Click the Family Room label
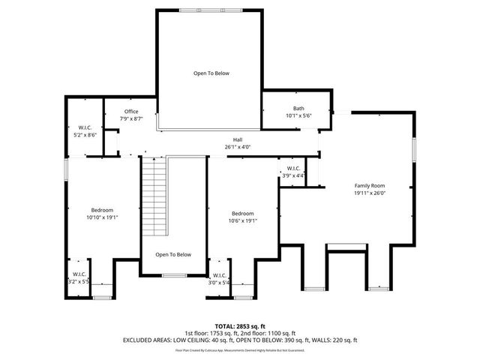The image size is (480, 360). (369, 185)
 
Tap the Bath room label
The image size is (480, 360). (298, 108)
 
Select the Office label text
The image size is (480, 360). (131, 112)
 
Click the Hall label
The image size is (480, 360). (237, 139)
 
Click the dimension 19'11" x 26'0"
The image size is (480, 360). (369, 193)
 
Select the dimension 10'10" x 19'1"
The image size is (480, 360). (102, 217)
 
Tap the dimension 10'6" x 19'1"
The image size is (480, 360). (243, 220)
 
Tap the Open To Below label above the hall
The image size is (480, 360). (211, 73)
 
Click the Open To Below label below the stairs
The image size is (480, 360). (173, 254)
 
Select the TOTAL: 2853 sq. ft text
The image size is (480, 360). (240, 326)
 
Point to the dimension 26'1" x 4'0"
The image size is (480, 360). (237, 147)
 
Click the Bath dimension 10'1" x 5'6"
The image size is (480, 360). (298, 115)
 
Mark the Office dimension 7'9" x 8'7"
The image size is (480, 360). (131, 118)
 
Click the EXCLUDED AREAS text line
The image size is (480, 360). (240, 340)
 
